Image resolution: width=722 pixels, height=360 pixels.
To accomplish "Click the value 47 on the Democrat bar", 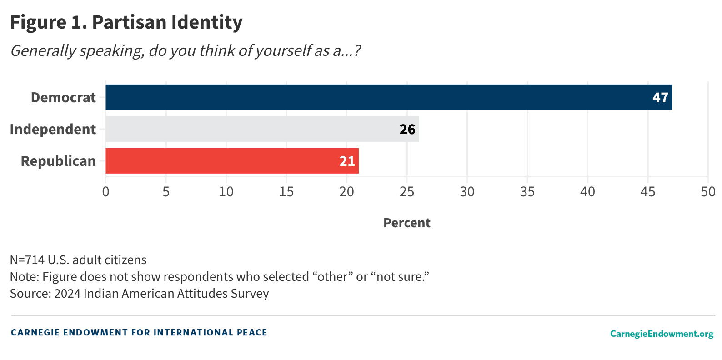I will tap(660, 98).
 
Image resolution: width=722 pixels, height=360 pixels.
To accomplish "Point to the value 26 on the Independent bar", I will tap(407, 130).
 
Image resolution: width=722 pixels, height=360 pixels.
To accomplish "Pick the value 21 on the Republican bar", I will tap(347, 161).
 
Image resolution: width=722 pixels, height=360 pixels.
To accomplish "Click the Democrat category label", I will tap(63, 98).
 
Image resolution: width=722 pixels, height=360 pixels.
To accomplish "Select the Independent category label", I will tap(53, 130).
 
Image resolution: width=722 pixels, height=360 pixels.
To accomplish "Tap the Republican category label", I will tap(58, 161).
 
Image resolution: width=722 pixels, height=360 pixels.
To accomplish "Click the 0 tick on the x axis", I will tap(105, 192).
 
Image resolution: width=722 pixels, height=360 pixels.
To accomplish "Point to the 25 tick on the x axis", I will tap(406, 192).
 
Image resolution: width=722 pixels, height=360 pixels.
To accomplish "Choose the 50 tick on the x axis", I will tap(707, 192).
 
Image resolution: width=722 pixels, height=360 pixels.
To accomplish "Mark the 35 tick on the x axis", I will tap(527, 192).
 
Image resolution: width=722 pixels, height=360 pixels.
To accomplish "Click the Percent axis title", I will tap(406, 223).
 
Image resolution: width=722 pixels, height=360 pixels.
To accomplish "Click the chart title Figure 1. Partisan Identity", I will tap(126, 22).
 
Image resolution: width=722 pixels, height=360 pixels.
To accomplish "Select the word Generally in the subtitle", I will tap(43, 50).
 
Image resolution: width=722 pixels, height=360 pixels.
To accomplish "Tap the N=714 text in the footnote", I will tap(27, 260).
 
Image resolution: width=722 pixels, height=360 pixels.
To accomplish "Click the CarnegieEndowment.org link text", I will tap(662, 334).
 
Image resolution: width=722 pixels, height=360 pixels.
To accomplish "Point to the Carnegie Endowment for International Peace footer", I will tap(139, 332).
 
